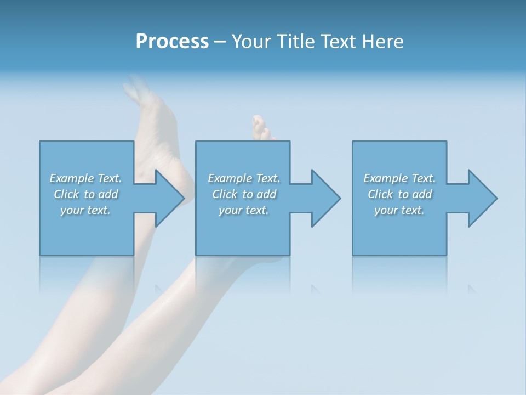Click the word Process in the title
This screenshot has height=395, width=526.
coord(172,42)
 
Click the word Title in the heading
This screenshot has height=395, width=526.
coord(296,42)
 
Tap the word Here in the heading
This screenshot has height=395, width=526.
coord(382,42)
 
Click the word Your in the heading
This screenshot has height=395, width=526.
coord(251,42)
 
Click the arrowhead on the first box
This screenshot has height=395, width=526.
coord(169,198)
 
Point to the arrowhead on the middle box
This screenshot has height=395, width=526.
coord(325,198)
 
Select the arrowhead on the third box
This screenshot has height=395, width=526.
coord(482,198)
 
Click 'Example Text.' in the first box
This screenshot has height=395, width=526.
coord(85,178)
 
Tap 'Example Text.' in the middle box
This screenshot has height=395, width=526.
coord(244,178)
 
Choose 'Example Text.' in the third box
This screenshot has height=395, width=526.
coord(399,178)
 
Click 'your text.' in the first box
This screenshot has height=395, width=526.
coord(85,210)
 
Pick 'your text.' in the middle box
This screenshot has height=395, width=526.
coord(244,210)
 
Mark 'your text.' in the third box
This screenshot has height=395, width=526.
coord(399,210)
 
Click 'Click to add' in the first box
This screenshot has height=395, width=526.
coord(85,194)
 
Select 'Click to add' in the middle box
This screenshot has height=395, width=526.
coord(244,194)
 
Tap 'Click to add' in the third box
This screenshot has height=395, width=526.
coord(399,194)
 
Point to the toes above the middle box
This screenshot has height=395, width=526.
coord(261,128)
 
